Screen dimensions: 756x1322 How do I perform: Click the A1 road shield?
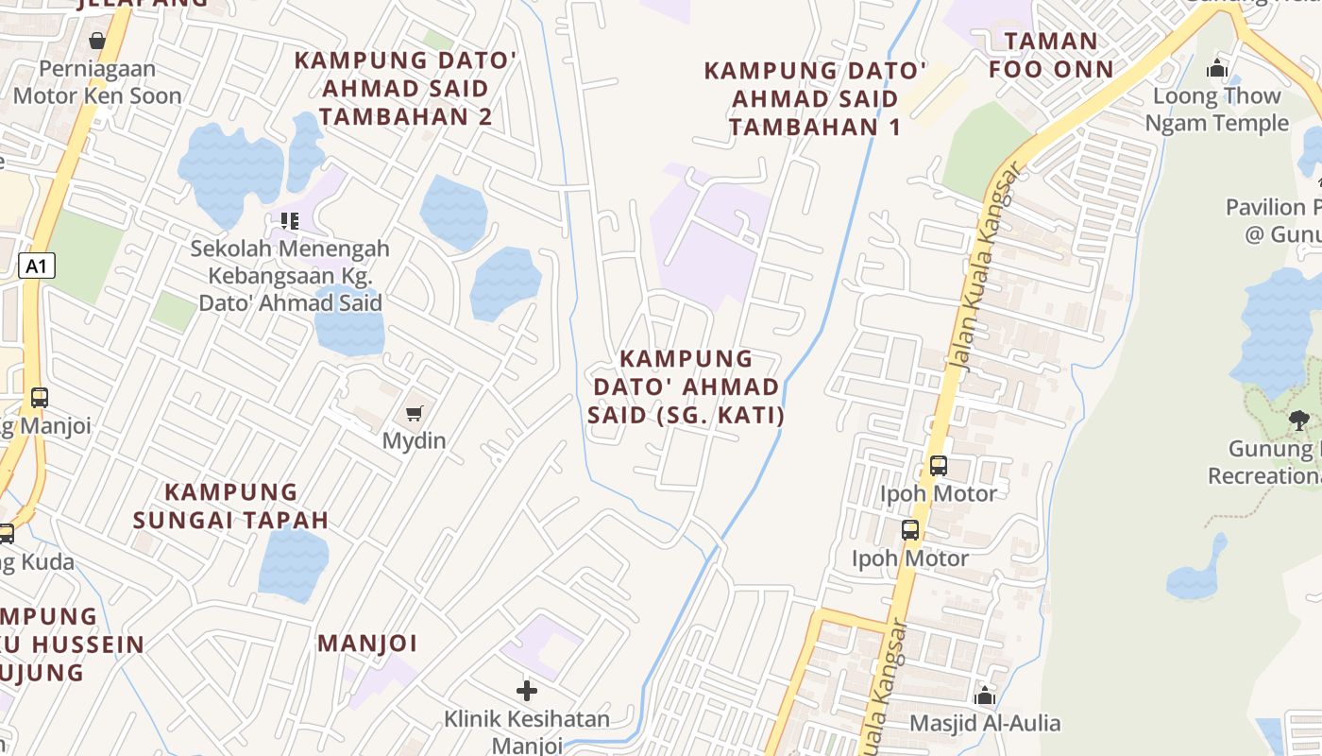[x=36, y=266]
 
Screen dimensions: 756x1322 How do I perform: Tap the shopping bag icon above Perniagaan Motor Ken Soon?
[x=96, y=41]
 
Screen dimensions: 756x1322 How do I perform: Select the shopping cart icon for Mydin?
[x=414, y=413]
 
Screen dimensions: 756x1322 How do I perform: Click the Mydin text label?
[x=414, y=440]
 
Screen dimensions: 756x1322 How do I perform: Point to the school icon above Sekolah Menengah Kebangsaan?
[x=290, y=221]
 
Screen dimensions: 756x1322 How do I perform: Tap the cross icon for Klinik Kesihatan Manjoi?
[x=527, y=691]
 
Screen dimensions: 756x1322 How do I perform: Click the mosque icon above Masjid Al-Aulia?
[x=985, y=696]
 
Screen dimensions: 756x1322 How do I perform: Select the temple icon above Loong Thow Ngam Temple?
[x=1216, y=68]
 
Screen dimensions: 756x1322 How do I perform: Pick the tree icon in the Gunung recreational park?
[x=1298, y=420]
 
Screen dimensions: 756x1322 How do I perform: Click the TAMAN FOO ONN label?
[x=1051, y=55]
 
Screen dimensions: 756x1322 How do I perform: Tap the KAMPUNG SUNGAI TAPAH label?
[x=230, y=506]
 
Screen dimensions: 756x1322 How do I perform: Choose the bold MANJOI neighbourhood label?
[x=367, y=644]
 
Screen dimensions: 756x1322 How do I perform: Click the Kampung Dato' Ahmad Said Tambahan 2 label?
[x=405, y=88]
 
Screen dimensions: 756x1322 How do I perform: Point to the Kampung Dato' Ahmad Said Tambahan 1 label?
[x=815, y=98]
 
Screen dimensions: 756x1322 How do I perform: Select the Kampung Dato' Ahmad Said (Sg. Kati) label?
[x=686, y=387]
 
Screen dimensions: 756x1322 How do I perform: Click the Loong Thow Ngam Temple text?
[x=1216, y=110]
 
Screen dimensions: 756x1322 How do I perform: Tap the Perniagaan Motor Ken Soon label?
[x=97, y=82]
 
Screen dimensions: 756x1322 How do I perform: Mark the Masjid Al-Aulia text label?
[x=985, y=724]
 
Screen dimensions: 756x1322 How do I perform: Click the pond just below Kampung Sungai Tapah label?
[x=293, y=564]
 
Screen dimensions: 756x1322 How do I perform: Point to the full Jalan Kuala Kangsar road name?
[x=986, y=265]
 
